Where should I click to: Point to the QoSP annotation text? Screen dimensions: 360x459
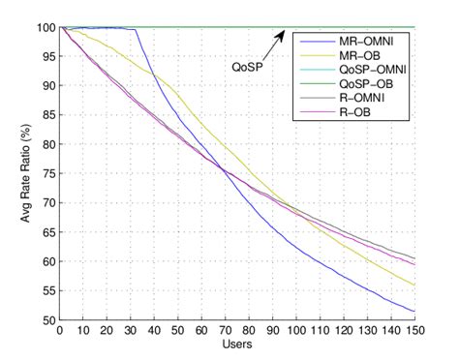click(248, 68)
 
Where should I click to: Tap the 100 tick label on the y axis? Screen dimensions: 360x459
click(45, 27)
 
